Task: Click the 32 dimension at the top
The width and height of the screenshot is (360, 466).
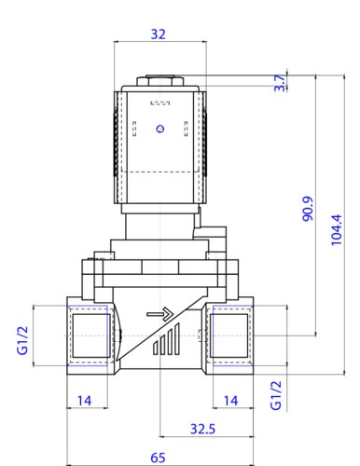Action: point(158,34)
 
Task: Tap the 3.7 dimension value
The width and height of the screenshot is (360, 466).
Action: point(280,83)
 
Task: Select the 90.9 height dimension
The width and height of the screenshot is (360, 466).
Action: point(308,209)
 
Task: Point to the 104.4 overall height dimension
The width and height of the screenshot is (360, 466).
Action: point(336,230)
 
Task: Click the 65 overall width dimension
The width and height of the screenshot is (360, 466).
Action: point(158,458)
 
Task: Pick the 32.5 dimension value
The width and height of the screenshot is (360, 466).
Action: point(202,429)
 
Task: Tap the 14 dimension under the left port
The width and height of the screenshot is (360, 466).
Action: point(84,401)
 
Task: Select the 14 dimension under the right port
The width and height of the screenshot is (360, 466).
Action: point(231,401)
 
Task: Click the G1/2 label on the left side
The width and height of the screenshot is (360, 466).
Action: point(22,340)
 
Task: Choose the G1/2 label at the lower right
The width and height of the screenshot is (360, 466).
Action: point(276,395)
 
